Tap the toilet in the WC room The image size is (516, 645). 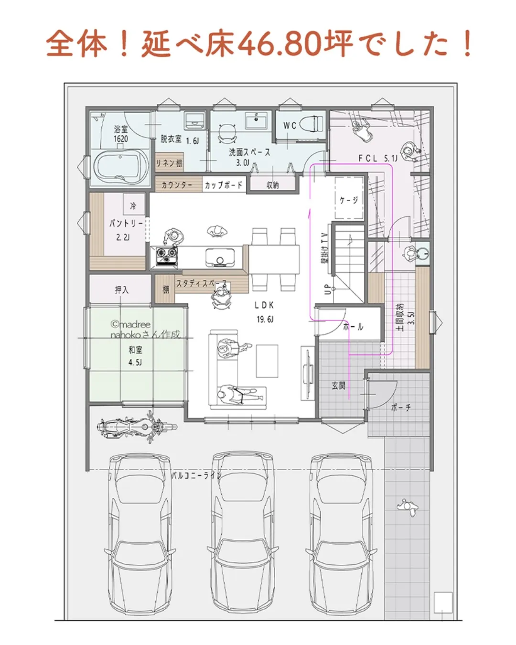[x=313, y=125]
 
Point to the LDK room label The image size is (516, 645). [x=264, y=305]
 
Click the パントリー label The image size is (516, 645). [x=126, y=223]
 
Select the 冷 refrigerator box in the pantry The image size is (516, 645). [x=133, y=206]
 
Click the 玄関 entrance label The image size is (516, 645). [x=338, y=385]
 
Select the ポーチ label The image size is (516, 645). [x=400, y=408]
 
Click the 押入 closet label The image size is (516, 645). [x=121, y=290]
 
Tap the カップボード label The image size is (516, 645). [x=223, y=185]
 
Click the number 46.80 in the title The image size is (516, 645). [x=279, y=44]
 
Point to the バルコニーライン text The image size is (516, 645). [x=196, y=475]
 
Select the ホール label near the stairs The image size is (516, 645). [x=353, y=327]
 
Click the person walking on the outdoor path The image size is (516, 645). [x=407, y=507]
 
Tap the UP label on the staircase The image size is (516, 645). [x=327, y=290]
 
